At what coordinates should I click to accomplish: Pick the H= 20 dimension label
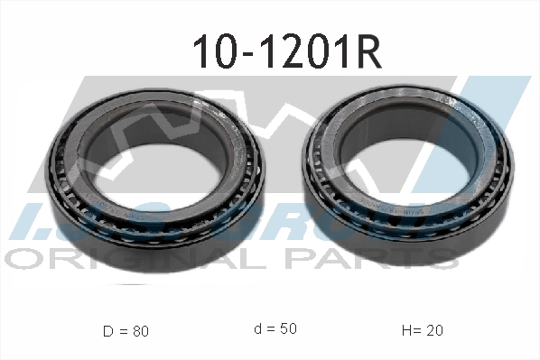click(x=422, y=331)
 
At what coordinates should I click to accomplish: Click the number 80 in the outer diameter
click(x=140, y=331)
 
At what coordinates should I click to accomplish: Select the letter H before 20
click(x=405, y=331)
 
